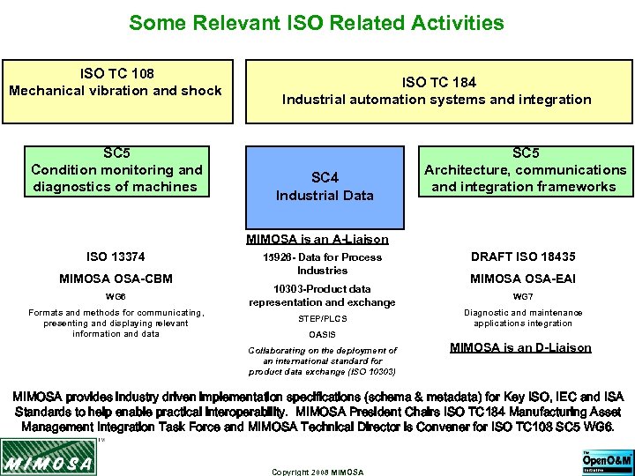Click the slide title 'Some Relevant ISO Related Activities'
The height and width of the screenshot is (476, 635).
tap(317, 22)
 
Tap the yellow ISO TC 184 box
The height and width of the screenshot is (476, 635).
tap(437, 91)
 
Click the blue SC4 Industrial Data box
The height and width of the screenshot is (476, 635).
tap(325, 187)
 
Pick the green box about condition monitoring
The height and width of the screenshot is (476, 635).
tap(116, 170)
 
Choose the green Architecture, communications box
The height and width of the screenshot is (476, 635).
tap(525, 170)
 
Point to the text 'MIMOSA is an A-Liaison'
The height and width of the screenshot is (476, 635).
tap(317, 239)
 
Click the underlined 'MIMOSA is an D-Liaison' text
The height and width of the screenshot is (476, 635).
tap(520, 347)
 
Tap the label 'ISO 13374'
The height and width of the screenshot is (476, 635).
tap(116, 257)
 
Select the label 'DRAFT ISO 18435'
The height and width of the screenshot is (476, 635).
tap(523, 257)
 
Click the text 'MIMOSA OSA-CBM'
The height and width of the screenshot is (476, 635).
tap(116, 279)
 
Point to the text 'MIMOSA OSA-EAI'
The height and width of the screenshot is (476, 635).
tap(523, 279)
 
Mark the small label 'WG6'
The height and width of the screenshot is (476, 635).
tap(116, 297)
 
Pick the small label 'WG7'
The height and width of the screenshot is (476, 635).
tap(523, 297)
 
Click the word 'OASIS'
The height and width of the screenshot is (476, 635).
tap(322, 334)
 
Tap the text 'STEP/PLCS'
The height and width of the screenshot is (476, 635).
tap(322, 318)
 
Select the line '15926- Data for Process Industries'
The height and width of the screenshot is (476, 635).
tap(322, 264)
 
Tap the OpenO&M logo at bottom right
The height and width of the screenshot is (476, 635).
tap(608, 460)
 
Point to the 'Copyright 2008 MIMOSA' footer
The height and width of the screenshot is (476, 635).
tap(317, 472)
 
